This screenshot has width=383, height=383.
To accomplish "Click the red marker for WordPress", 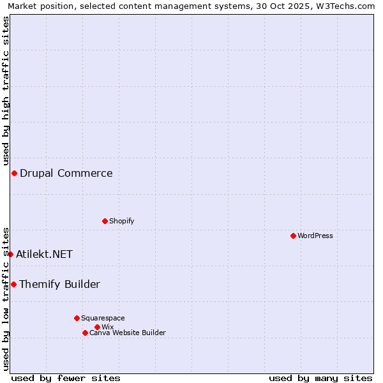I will pyautogui.click(x=293, y=236).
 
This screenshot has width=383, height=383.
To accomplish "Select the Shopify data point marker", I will pyautogui.click(x=105, y=222).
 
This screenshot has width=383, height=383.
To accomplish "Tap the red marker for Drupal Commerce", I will pyautogui.click(x=14, y=174).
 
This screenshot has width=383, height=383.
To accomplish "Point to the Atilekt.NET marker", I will pyautogui.click(x=10, y=254).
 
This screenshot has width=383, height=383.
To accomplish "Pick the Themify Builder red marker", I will pyautogui.click(x=13, y=284).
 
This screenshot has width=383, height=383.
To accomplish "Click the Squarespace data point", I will pyautogui.click(x=77, y=318).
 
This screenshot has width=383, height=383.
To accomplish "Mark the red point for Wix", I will pyautogui.click(x=97, y=327).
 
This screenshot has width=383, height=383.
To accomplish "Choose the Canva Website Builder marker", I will pyautogui.click(x=85, y=333).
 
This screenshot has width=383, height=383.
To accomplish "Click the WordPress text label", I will pyautogui.click(x=315, y=236).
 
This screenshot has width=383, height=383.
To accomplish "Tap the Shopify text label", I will pyautogui.click(x=122, y=221).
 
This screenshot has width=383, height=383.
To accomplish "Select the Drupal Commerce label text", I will pyautogui.click(x=66, y=173).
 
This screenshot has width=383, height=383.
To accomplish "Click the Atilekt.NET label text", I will pyautogui.click(x=45, y=254).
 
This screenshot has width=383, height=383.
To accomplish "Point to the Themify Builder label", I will pyautogui.click(x=60, y=284).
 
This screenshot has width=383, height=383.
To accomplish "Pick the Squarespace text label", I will pyautogui.click(x=103, y=318).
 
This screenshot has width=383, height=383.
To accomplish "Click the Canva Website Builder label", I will pyautogui.click(x=128, y=333).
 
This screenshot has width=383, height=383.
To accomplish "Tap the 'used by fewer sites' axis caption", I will pyautogui.click(x=66, y=378).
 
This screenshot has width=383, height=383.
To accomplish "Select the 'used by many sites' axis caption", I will pyautogui.click(x=320, y=378).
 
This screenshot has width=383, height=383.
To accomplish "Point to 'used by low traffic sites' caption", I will pyautogui.click(x=6, y=299).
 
